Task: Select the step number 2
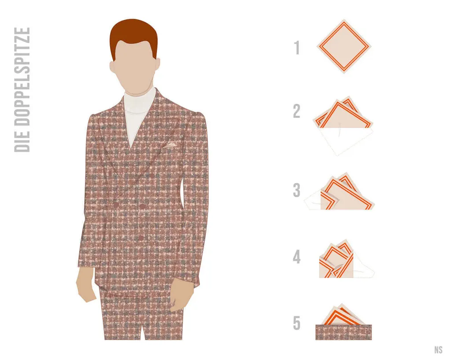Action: coord(297,111)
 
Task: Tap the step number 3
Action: coord(296,190)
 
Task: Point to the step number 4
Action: coord(296,257)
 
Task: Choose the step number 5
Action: coord(296,323)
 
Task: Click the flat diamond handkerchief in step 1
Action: coord(344,46)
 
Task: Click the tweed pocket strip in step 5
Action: coord(344,332)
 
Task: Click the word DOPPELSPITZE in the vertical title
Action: coord(22,77)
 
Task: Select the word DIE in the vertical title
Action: coord(22,141)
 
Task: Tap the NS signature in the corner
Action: coord(438,349)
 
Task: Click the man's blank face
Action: coord(134,69)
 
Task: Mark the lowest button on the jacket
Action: coord(141,237)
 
